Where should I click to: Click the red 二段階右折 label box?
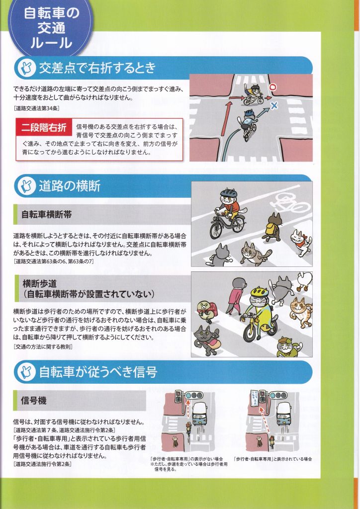[x=44, y=127]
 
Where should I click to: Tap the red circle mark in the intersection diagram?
[x=273, y=86]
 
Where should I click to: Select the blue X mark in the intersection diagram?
[x=274, y=105]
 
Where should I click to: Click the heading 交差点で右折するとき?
[x=97, y=68]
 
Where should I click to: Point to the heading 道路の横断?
[x=70, y=186]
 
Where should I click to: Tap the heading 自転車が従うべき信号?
[x=98, y=372]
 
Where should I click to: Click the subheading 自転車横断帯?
[x=46, y=215]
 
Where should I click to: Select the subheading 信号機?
[x=33, y=400]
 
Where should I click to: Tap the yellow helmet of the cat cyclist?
[x=259, y=291]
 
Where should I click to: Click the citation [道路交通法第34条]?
[x=37, y=108]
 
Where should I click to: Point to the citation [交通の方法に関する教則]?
[x=43, y=346]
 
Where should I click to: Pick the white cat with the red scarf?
[x=301, y=242]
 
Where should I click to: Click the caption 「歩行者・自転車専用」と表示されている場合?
[x=272, y=459]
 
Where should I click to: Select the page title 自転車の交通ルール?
[x=51, y=28]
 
